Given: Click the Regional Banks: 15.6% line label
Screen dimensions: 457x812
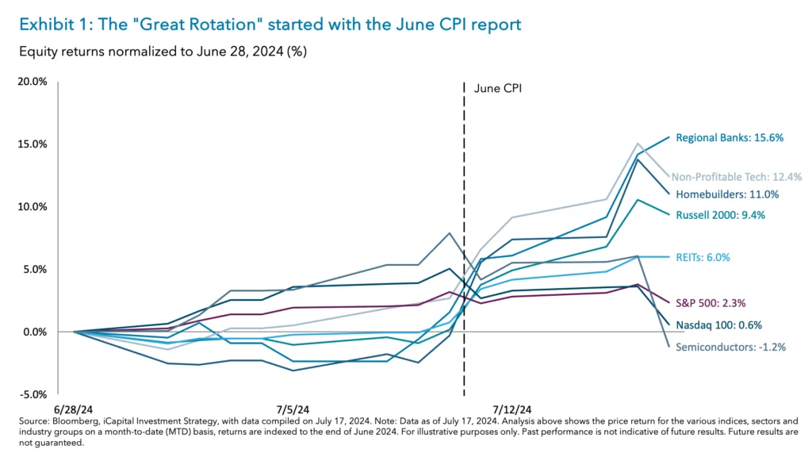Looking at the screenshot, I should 730,137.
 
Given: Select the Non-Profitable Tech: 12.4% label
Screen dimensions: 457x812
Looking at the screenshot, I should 735,177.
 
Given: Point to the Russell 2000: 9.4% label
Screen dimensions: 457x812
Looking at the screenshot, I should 720,215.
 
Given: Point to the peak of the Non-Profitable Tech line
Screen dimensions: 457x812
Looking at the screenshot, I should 638,144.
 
